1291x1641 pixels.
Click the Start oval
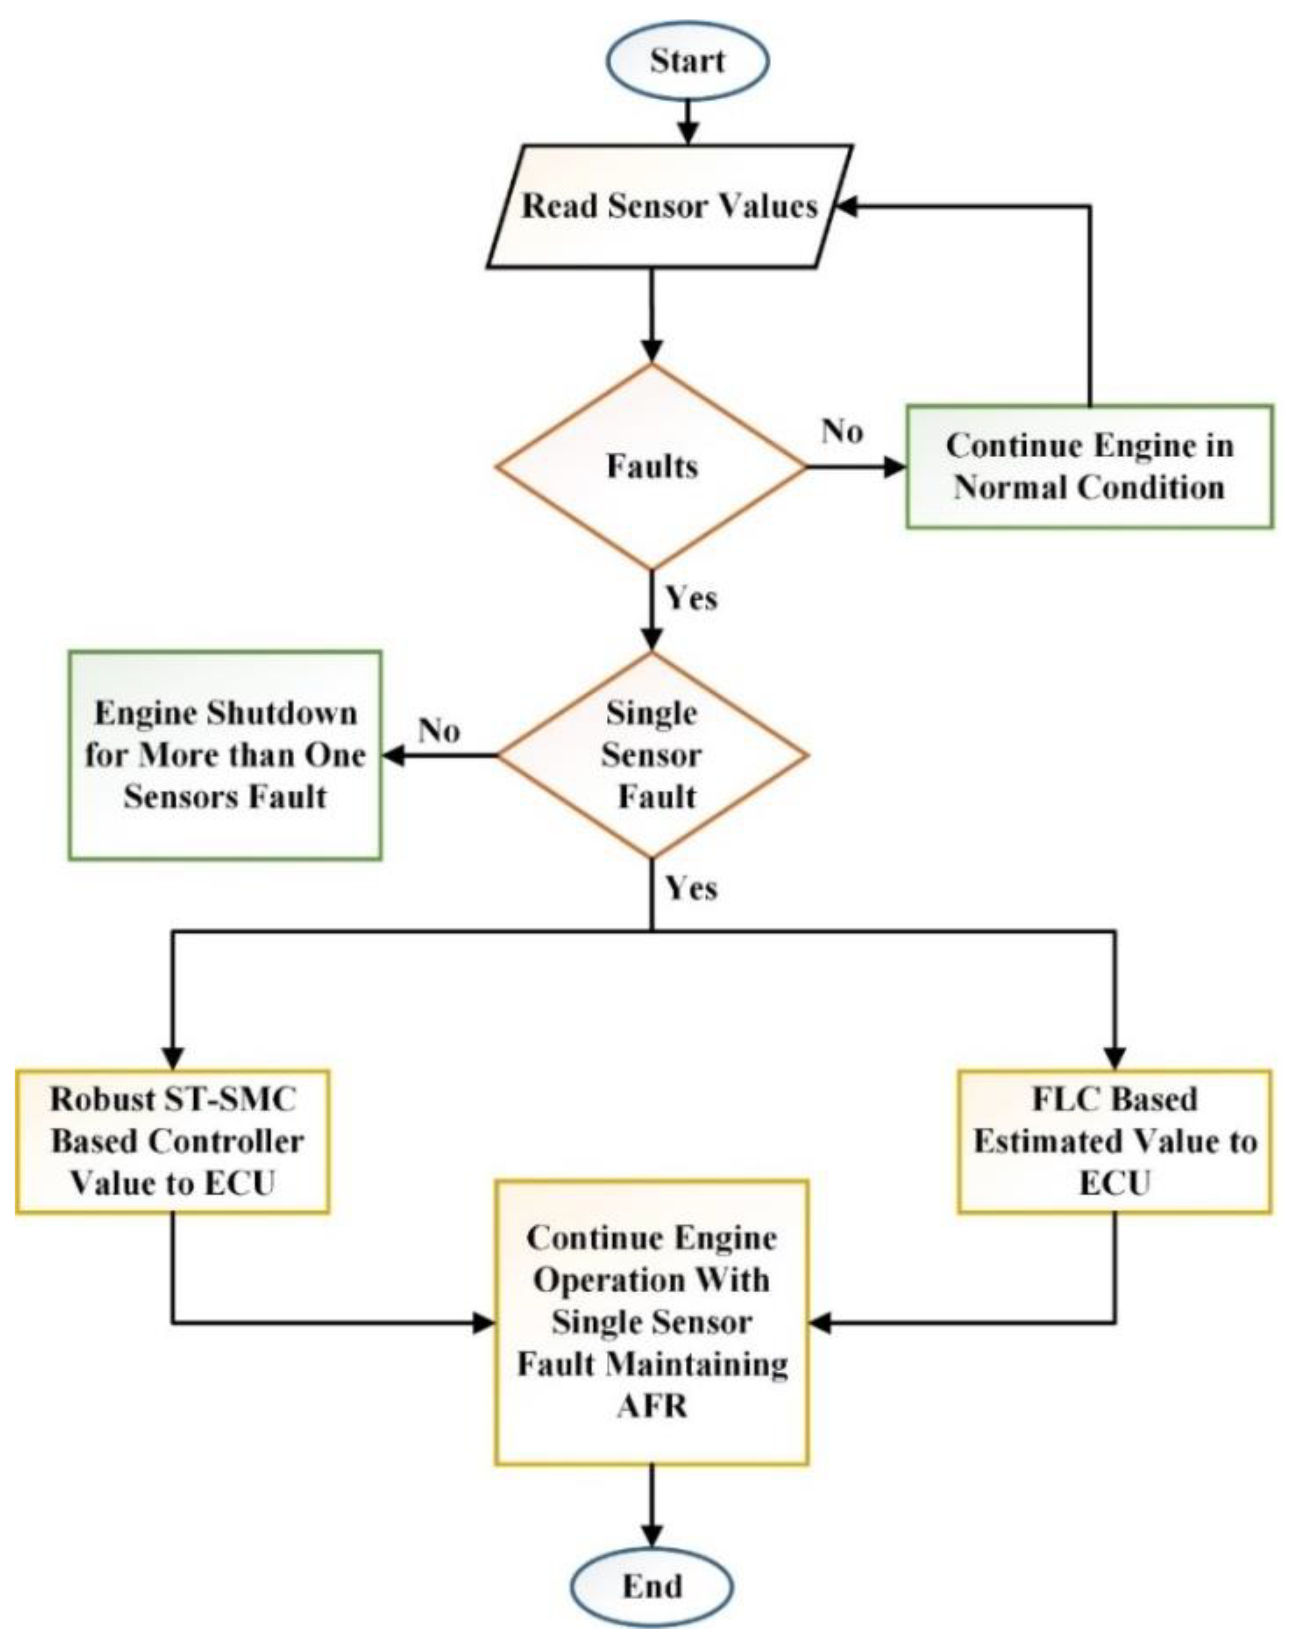[x=687, y=60]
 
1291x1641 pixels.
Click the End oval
[x=651, y=1586]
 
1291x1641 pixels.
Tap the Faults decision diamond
[x=651, y=467]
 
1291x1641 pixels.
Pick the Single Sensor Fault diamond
[x=651, y=755]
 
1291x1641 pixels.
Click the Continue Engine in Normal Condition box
[x=1089, y=467]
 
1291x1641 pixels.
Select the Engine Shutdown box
[x=225, y=755]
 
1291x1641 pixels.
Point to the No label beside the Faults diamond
[x=842, y=432]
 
